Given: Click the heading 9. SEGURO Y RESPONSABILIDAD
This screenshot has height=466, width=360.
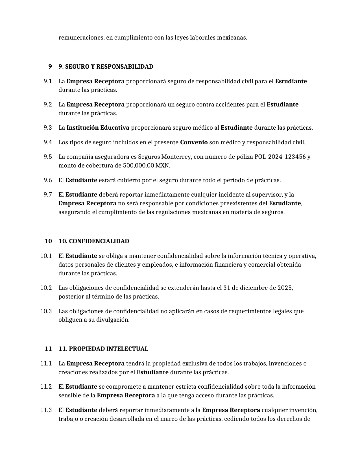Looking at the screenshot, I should tap(106, 67).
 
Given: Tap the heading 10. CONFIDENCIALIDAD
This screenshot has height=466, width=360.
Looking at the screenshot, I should tap(94, 241).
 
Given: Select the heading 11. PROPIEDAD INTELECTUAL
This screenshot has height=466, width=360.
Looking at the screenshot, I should tap(103, 349).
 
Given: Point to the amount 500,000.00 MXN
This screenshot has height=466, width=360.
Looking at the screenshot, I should tap(146, 166).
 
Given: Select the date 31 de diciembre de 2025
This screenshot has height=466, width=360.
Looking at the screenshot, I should tap(258, 288).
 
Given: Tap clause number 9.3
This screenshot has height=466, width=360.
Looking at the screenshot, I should tap(48, 128).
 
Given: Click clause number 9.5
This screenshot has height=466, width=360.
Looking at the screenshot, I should tap(48, 157).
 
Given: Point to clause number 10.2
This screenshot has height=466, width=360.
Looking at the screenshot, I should tap(46, 288).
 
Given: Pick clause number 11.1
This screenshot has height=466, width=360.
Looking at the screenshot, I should tap(46, 363).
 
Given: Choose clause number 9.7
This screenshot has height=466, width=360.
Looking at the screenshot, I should tap(48, 195).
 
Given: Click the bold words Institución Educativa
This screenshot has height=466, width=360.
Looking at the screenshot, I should tap(98, 128).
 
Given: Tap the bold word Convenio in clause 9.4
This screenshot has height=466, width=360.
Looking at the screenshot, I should tap(194, 142).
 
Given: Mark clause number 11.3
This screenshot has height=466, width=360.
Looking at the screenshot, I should tap(46, 410).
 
